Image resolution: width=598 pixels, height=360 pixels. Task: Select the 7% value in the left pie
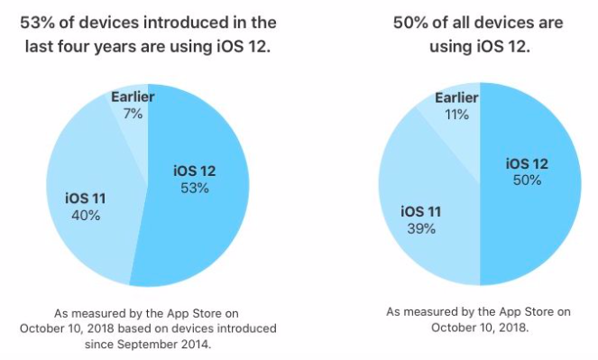click(133, 113)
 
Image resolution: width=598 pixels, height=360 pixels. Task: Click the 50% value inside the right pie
click(527, 180)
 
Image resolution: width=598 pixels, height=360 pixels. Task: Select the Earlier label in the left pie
click(133, 97)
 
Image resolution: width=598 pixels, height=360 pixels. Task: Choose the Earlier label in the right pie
click(456, 98)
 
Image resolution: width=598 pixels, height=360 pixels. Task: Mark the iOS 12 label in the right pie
click(527, 163)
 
